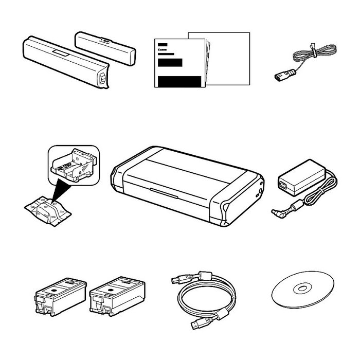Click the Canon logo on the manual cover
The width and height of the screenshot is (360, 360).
tap(163, 49)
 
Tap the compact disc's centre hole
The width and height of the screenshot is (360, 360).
tap(302, 288)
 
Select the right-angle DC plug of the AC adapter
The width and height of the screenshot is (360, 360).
tap(278, 213)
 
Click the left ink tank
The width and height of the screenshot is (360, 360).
tap(61, 296)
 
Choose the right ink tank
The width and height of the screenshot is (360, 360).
tap(117, 296)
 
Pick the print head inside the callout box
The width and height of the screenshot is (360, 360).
tap(73, 165)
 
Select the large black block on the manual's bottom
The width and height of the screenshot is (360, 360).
tap(179, 81)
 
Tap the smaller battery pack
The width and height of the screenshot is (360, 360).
tap(105, 48)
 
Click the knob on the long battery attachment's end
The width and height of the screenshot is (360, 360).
tap(102, 78)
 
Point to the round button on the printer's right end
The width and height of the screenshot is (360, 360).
tap(260, 191)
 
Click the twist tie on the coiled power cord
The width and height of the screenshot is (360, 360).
tap(313, 51)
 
